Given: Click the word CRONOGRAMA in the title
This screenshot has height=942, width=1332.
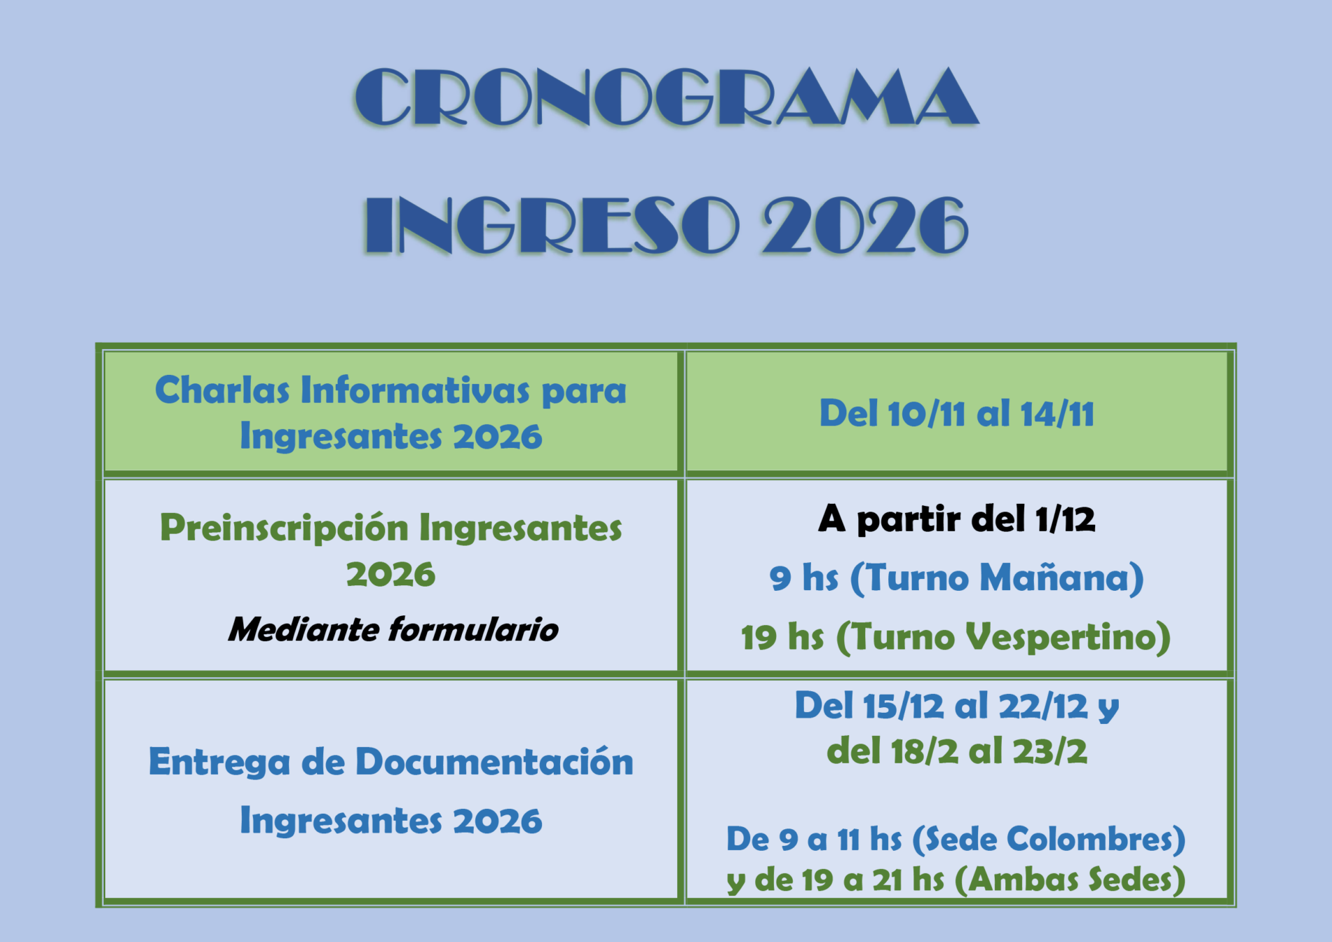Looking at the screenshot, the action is [x=666, y=97].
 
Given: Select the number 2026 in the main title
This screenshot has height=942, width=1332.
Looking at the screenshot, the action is [x=866, y=226].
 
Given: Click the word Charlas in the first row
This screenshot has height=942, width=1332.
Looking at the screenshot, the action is [x=222, y=390].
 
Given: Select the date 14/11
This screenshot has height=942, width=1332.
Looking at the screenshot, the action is [x=1056, y=414].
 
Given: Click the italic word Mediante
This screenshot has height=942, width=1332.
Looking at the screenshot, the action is [x=304, y=629].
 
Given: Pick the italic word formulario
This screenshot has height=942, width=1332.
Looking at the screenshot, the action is [x=474, y=629].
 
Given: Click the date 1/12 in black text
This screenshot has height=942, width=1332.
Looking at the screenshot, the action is [x=1065, y=519].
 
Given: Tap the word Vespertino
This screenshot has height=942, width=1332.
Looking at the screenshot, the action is [x=1060, y=637].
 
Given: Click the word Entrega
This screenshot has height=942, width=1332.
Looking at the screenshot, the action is [x=219, y=763].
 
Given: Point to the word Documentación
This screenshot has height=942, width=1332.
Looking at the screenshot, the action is [x=494, y=762].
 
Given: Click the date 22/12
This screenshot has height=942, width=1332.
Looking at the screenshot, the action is [x=1043, y=706].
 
